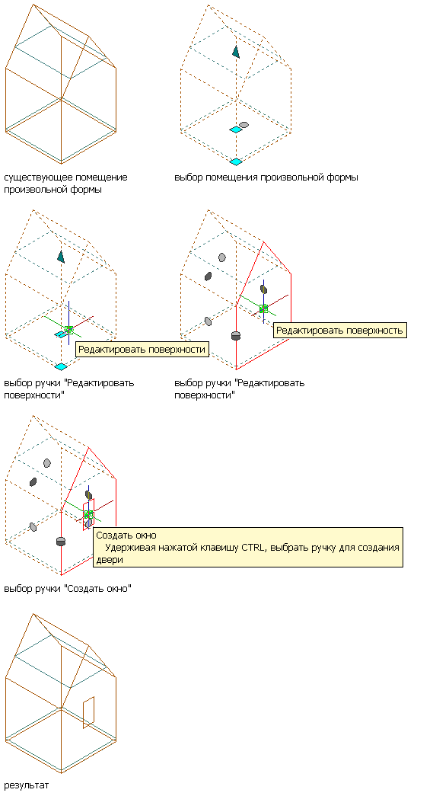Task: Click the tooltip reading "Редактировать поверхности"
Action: (142, 350)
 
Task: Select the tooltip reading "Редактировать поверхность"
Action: (339, 331)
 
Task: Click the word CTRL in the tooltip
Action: (251, 548)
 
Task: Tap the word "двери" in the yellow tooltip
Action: (110, 559)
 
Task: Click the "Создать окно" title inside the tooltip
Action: (126, 535)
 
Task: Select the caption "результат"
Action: (27, 785)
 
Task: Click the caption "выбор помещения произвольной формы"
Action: (266, 177)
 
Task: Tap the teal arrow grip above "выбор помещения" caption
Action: (236, 51)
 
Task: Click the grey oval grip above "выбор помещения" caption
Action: (244, 125)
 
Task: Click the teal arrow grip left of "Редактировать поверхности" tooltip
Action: (61, 257)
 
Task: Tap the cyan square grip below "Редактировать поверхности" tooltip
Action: (61, 366)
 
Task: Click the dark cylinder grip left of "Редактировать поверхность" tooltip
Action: (235, 336)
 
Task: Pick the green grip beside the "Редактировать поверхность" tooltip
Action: (263, 308)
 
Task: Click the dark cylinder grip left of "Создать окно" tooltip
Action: (61, 541)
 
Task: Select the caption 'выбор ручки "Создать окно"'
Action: (68, 589)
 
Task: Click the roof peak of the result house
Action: (33, 613)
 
